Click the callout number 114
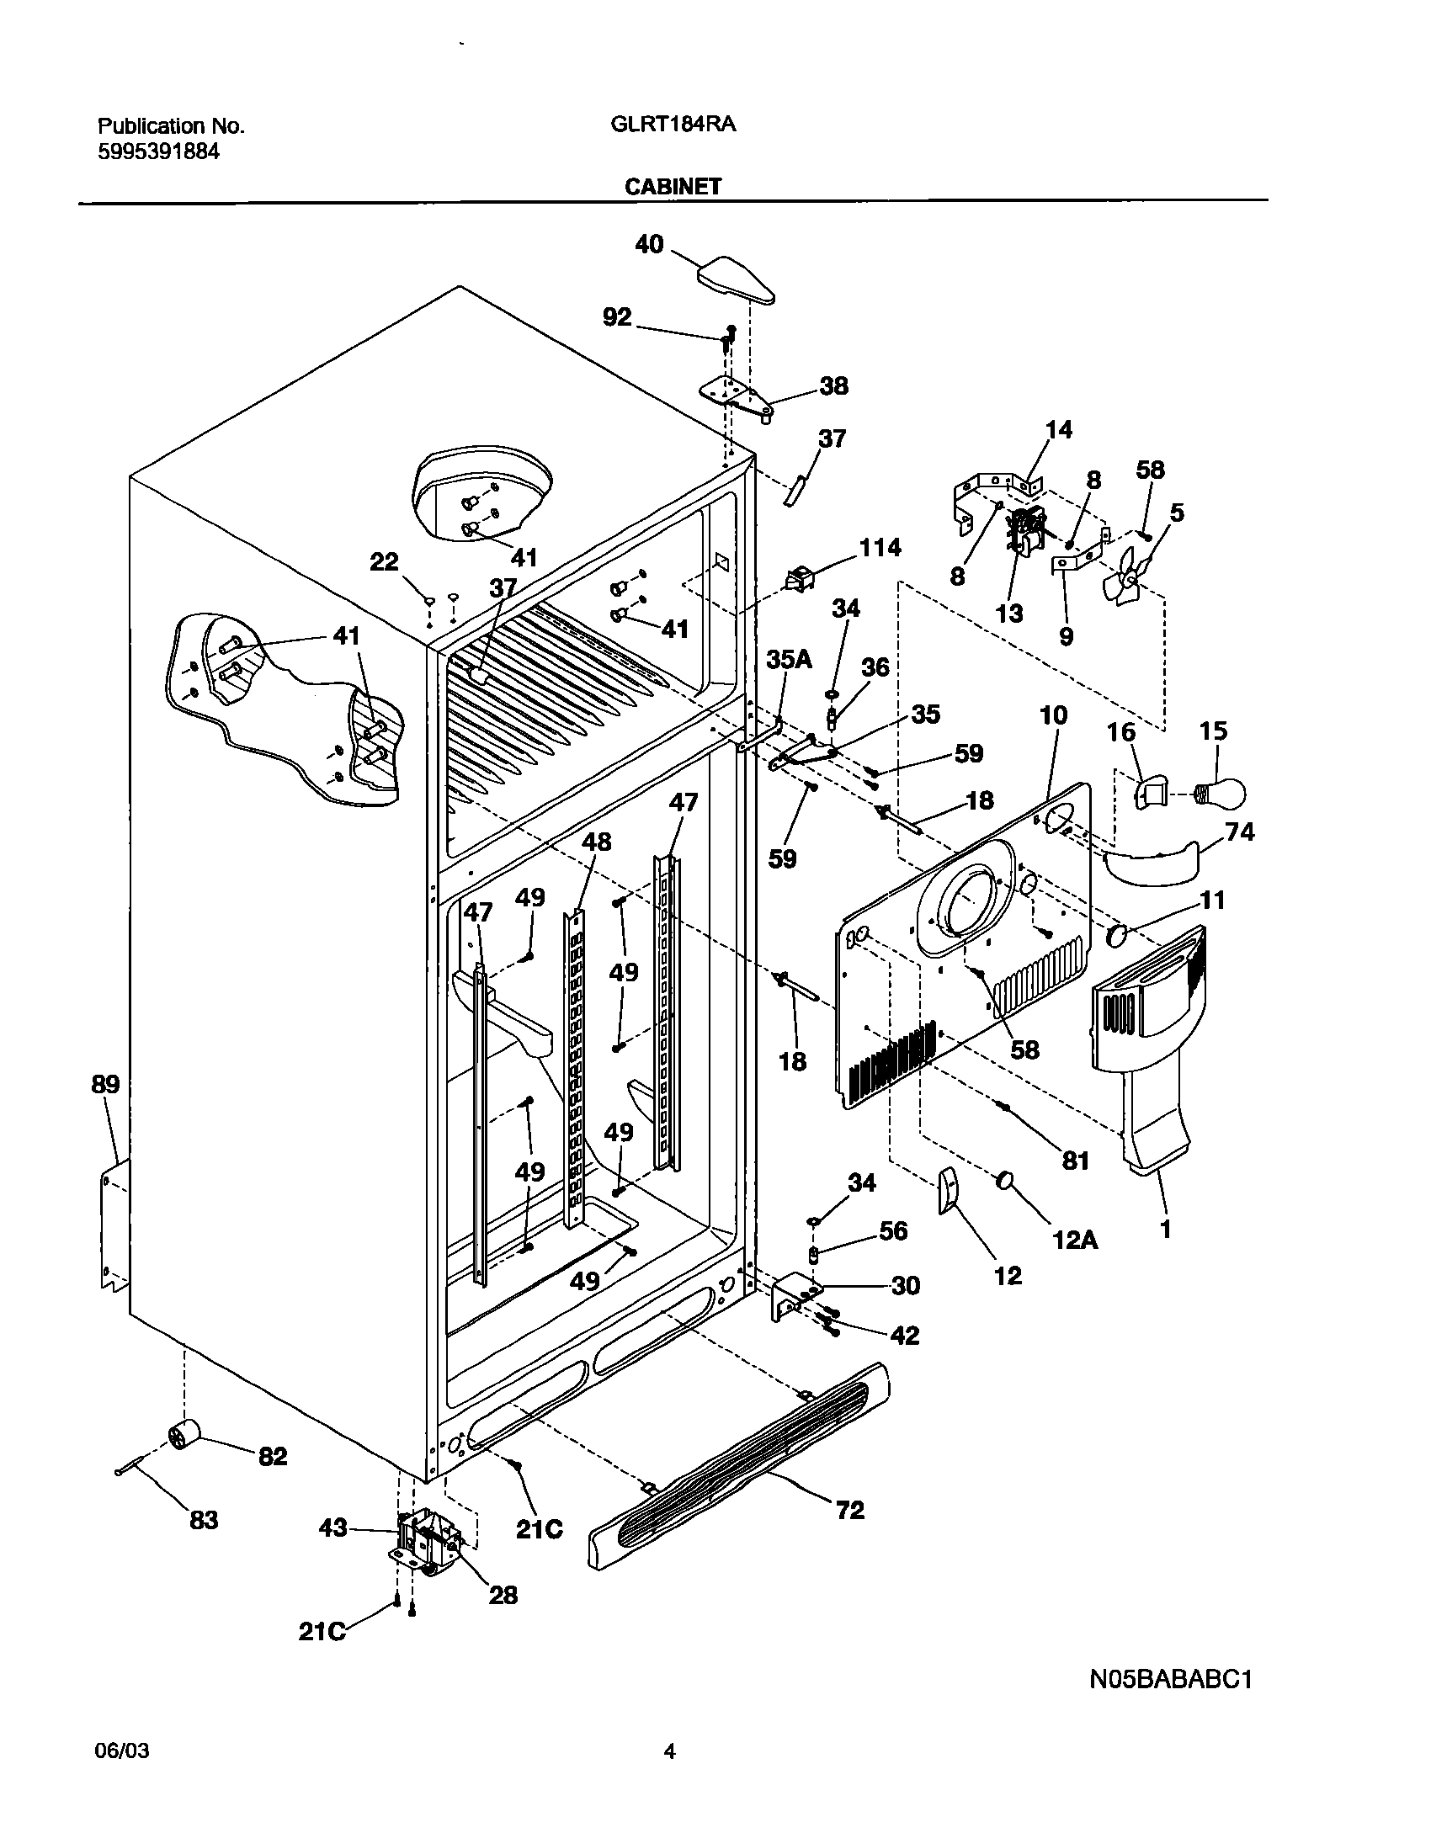point(880,548)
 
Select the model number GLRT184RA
point(673,125)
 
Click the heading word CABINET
point(673,187)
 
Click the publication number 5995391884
point(159,152)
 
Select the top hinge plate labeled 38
point(736,395)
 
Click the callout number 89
point(105,1085)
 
